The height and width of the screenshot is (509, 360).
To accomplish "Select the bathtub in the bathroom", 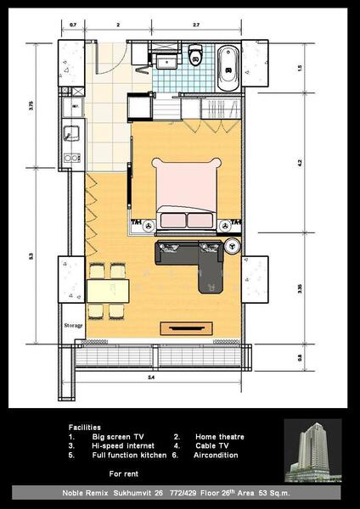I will click(x=228, y=67).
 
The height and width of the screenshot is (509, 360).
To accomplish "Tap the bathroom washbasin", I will click(x=167, y=59).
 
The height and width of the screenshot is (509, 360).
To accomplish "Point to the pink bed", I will click(x=185, y=192).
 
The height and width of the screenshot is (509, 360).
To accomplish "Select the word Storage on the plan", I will click(x=73, y=325).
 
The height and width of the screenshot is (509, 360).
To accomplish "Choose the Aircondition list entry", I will click(x=217, y=455).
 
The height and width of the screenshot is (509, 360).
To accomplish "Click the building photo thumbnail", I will click(x=313, y=450).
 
